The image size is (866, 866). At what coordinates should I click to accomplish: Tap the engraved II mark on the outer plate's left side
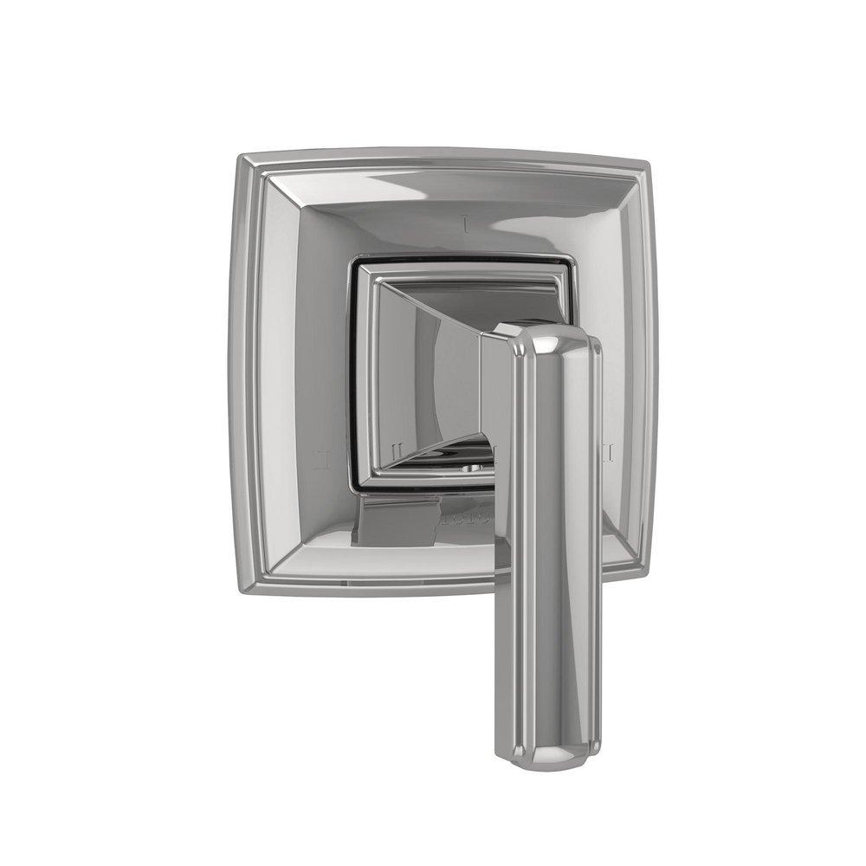point(321,456)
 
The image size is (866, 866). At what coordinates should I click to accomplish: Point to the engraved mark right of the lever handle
point(609,452)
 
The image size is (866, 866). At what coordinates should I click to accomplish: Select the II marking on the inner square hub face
point(395,451)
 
